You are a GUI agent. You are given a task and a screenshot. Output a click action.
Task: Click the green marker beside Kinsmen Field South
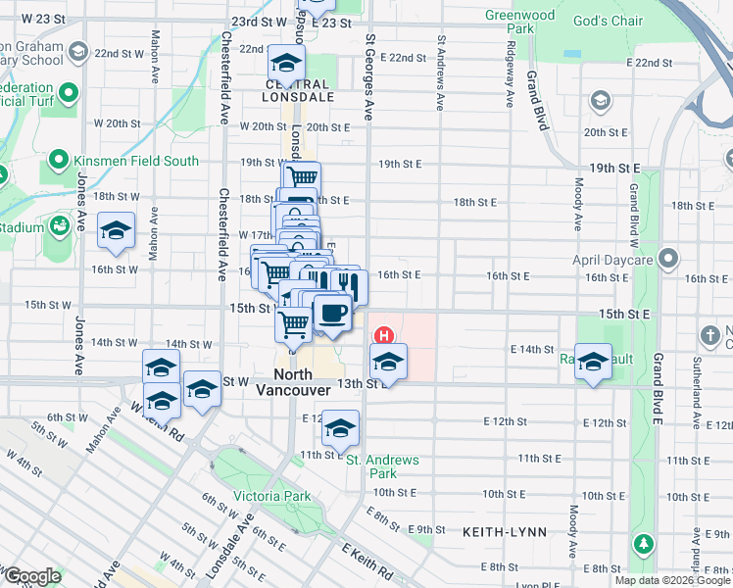(x=58, y=161)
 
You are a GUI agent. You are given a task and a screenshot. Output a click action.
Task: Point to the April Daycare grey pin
(x=668, y=259)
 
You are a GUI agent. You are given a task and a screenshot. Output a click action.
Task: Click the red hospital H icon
(x=385, y=335)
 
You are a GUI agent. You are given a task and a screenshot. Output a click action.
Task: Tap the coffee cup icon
(x=331, y=313)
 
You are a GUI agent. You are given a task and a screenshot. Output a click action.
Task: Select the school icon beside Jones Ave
(x=117, y=230)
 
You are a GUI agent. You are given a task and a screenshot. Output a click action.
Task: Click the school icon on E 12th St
(x=340, y=428)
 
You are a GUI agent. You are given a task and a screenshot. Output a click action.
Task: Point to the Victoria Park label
(x=271, y=497)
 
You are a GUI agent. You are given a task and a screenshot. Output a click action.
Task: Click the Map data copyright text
(x=672, y=580)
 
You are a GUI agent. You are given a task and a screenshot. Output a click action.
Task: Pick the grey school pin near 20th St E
(x=599, y=101)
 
